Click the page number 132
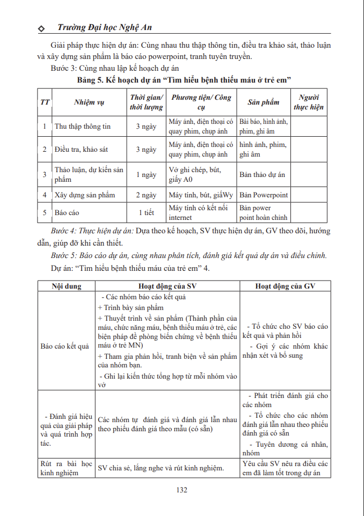coord(182,489)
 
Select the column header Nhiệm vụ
coord(89,102)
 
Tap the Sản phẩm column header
coord(264,102)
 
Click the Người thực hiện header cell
coord(309,102)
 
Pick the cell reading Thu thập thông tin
coord(83,127)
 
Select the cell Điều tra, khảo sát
coord(81,150)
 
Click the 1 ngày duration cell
coord(146,175)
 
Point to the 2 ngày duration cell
coord(146,195)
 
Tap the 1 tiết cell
coord(146,213)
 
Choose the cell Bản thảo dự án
coord(263,175)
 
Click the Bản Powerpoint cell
coord(264,195)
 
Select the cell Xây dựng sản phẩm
coord(85,195)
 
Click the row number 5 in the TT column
coord(45,213)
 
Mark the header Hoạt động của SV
coord(168,286)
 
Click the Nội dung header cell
coord(67,286)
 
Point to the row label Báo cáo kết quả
coord(64,346)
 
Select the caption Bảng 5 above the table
coord(184,79)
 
